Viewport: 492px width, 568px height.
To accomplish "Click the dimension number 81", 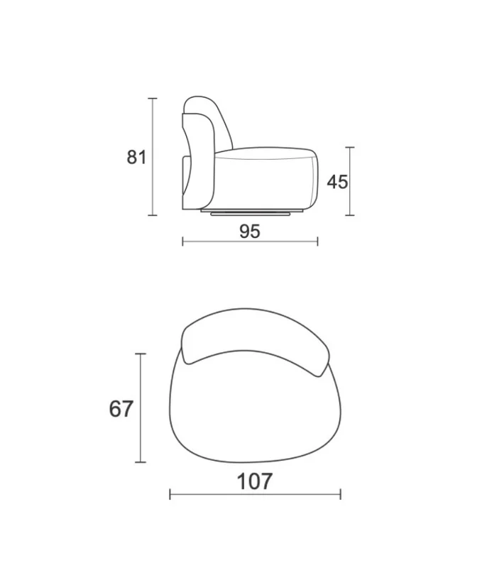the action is pyautogui.click(x=136, y=158).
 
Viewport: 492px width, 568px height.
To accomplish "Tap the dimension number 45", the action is pyautogui.click(x=337, y=182).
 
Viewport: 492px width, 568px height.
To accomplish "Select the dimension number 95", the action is pyautogui.click(x=250, y=231).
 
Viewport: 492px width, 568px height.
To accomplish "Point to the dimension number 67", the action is pyautogui.click(x=121, y=409).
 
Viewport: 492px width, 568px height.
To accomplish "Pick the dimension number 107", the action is pyautogui.click(x=254, y=482).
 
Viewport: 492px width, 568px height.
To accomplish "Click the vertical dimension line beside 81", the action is pyautogui.click(x=153, y=157).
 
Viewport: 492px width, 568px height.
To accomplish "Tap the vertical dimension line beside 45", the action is pyautogui.click(x=349, y=181).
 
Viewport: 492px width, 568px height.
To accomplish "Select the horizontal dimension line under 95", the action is pyautogui.click(x=250, y=241).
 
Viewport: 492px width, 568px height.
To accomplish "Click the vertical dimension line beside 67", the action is pyautogui.click(x=140, y=408).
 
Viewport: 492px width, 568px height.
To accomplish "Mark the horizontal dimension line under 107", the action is pyautogui.click(x=255, y=494).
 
